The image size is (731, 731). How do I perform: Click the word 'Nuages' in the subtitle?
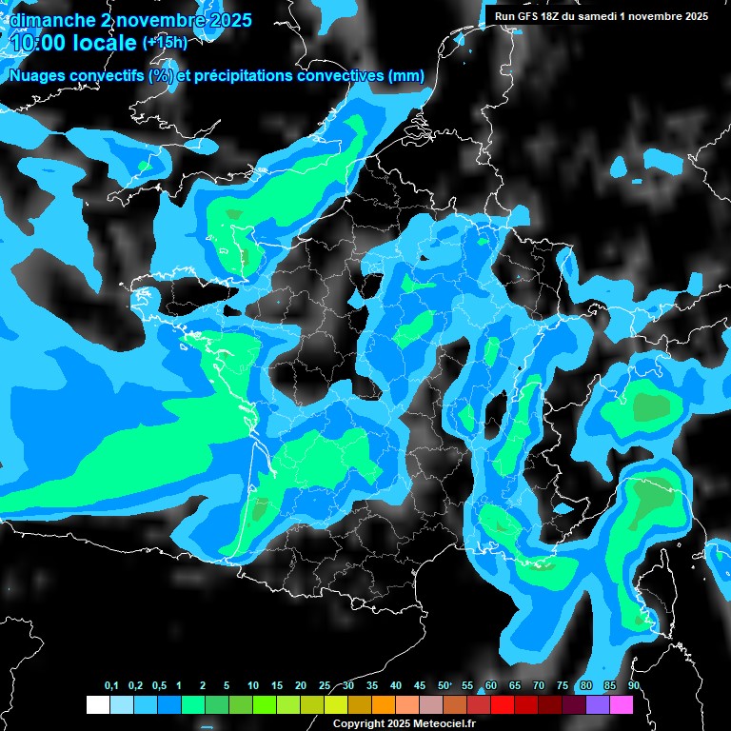click(x=39, y=76)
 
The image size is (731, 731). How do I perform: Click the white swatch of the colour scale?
click(x=98, y=704)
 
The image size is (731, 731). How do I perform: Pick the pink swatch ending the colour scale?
click(x=621, y=704)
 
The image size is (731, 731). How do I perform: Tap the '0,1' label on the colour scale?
click(x=111, y=686)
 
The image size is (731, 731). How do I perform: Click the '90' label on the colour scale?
click(x=633, y=686)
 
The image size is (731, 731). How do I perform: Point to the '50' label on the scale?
click(x=443, y=686)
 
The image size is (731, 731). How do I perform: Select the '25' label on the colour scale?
click(x=325, y=686)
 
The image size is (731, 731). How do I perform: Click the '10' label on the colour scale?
click(x=253, y=686)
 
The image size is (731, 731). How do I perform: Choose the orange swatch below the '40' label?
click(x=383, y=704)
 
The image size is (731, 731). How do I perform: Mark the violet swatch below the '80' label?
click(x=597, y=704)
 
